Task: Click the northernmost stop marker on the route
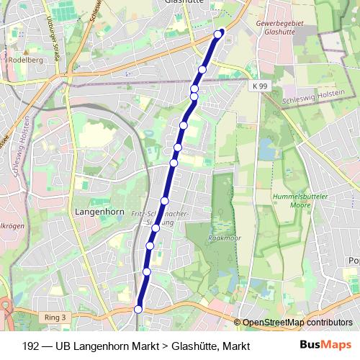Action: [x=220, y=32]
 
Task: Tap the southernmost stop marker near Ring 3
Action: [x=138, y=309]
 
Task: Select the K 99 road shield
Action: [x=260, y=86]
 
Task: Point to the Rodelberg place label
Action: [x=25, y=60]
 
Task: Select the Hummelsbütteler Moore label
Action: [x=295, y=201]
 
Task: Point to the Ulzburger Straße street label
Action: [x=50, y=36]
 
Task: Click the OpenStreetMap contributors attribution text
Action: [x=297, y=323]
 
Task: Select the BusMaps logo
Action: [x=325, y=345]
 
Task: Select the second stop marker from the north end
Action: [x=202, y=70]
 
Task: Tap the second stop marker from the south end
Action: [x=146, y=271]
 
